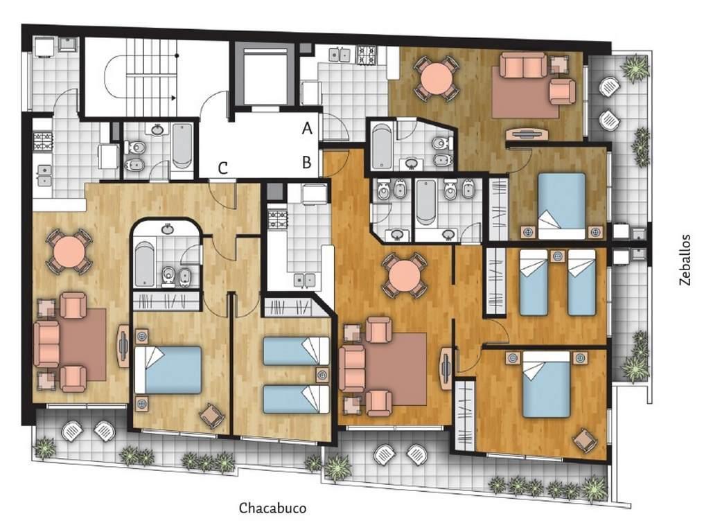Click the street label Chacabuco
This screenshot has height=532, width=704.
coord(272,508)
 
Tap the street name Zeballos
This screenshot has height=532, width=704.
coord(685,260)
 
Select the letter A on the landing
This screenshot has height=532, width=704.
coord(307,129)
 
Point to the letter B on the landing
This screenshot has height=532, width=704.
coord(307,162)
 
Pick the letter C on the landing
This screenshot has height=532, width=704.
coord(222,168)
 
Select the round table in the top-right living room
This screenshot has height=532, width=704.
coord(437,77)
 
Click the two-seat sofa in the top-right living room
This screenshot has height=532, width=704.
coord(524,64)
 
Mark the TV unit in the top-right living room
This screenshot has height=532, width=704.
coord(527,134)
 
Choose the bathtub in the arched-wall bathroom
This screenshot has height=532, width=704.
coord(144,263)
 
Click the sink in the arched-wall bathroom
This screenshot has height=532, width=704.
coord(168,229)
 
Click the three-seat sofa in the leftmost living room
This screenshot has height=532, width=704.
coord(46,344)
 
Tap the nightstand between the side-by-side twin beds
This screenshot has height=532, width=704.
coord(558,256)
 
